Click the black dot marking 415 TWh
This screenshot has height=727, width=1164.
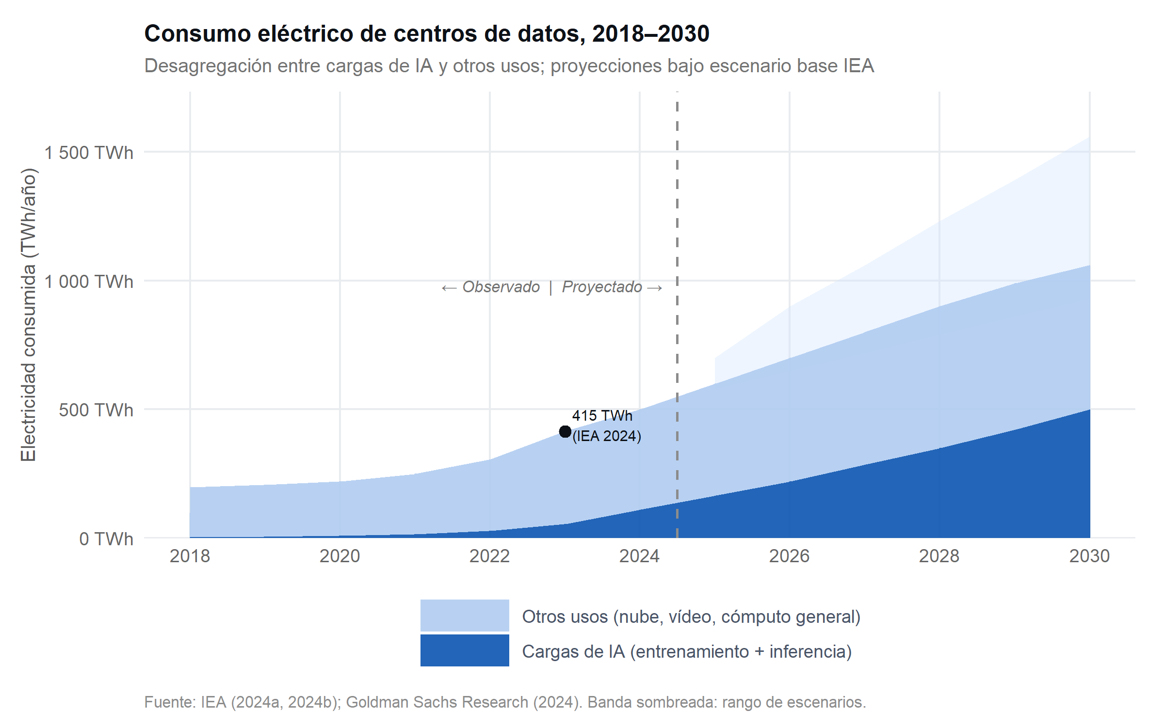tap(565, 431)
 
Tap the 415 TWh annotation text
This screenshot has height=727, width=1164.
tap(602, 416)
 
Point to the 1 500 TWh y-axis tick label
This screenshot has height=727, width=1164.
tap(89, 153)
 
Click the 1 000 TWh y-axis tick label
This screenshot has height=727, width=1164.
tap(89, 282)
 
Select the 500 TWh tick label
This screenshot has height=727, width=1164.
tap(96, 411)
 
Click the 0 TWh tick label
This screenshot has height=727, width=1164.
tap(106, 539)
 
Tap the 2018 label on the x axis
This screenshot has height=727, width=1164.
tap(190, 556)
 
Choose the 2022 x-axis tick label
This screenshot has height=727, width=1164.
tap(489, 556)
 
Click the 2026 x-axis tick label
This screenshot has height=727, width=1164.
tap(789, 556)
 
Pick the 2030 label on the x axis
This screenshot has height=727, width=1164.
tap(1089, 556)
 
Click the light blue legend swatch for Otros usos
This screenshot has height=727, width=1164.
tap(465, 616)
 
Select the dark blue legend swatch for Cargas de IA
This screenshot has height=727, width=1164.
tap(465, 650)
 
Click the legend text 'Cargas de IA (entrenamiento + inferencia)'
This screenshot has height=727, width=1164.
tap(687, 652)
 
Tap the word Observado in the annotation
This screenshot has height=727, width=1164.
tap(501, 287)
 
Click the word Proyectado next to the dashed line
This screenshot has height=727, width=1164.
tap(602, 287)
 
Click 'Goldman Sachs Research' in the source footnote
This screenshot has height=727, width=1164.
tap(436, 702)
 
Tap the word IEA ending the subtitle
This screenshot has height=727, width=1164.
tap(858, 66)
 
